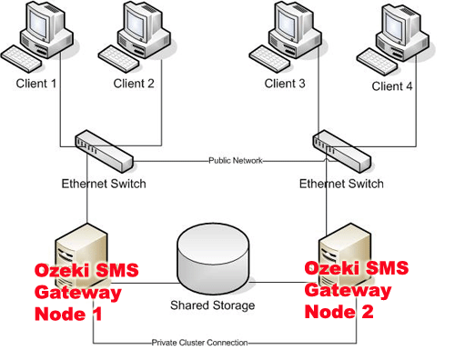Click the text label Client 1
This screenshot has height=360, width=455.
click(36, 84)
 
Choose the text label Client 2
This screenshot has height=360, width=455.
click(135, 84)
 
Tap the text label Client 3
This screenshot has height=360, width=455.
click(286, 84)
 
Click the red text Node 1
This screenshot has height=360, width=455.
click(70, 313)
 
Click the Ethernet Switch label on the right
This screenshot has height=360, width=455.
click(341, 184)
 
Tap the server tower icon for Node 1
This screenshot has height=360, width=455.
click(76, 245)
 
